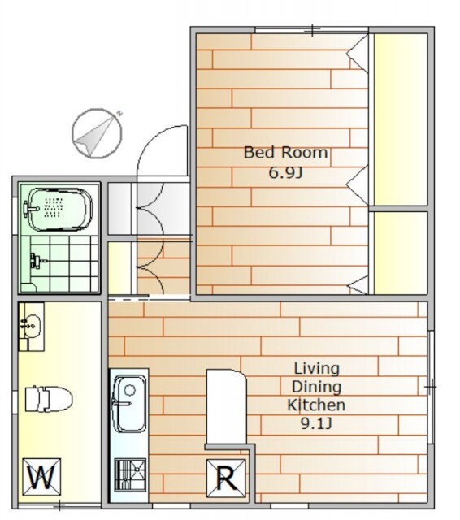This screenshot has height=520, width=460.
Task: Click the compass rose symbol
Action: coord(97,133)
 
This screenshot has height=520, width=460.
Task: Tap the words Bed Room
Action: coord(285,152)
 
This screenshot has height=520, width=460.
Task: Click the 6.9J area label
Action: coord(285,173)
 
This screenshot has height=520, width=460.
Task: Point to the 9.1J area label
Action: coord(316,423)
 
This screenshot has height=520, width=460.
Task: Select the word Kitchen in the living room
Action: coord(316,405)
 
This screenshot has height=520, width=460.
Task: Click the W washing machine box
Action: coord(41,478)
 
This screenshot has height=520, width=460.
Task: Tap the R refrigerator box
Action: coord(226,479)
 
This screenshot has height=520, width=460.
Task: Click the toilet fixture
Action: coord(49,399)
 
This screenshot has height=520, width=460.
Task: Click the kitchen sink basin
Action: coord(129,404)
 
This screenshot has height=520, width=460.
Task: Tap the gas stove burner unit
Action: coord(130,474)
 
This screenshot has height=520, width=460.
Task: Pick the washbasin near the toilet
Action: coord(31,327)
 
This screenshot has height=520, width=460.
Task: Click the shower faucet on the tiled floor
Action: coord(36,260)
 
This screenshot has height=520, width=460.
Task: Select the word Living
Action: coord(317,368)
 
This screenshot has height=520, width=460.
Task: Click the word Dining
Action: coord(316,387)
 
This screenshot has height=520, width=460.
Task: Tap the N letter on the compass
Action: coord(119,114)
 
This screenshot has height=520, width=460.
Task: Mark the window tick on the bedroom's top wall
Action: coord(313,30)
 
